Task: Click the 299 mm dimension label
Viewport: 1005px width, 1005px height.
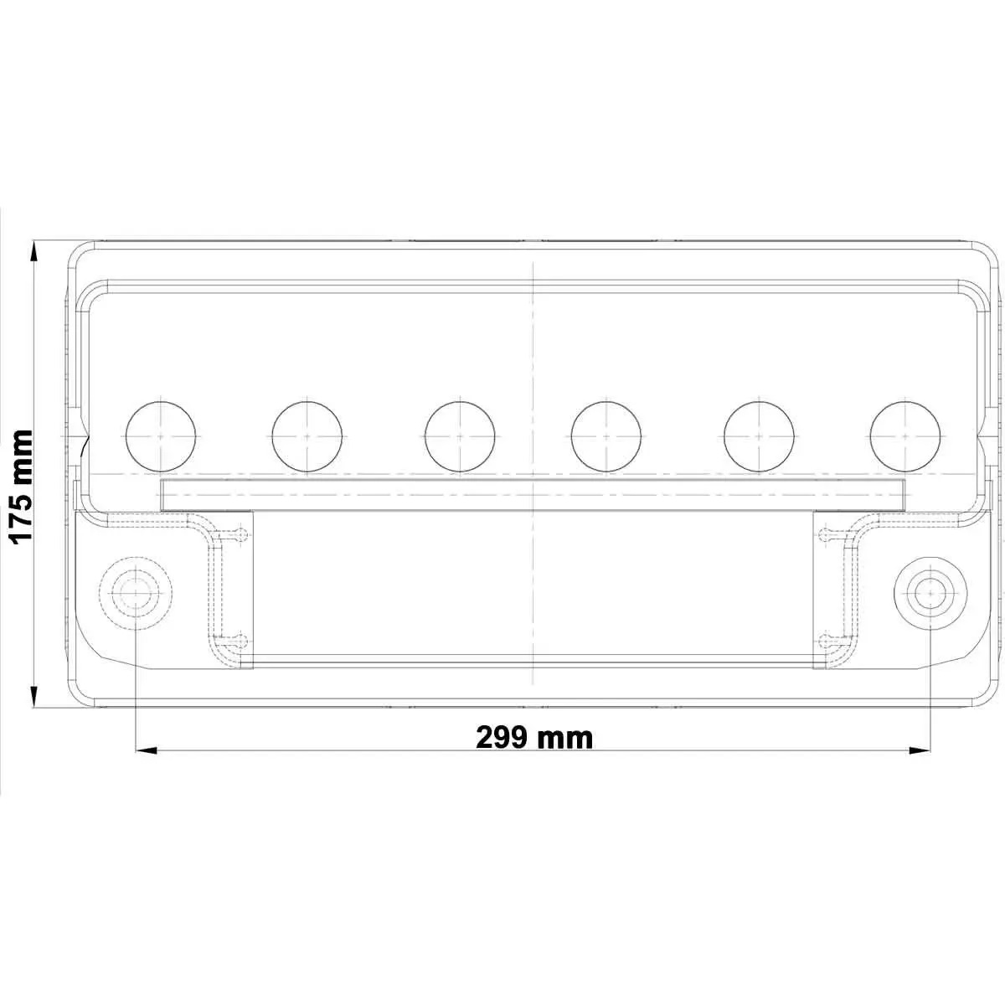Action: click(533, 737)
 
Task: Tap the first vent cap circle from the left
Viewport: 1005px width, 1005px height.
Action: click(159, 436)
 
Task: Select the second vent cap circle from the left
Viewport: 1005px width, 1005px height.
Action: click(307, 436)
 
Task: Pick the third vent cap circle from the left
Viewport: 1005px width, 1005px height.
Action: click(460, 436)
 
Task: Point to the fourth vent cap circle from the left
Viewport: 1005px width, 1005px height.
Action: click(606, 436)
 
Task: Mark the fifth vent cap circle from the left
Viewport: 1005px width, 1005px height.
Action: click(759, 436)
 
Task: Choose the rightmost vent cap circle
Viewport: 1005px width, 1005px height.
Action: click(905, 436)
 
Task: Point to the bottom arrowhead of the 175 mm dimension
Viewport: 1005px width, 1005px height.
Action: click(34, 697)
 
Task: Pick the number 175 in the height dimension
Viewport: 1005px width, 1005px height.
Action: click(19, 513)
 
